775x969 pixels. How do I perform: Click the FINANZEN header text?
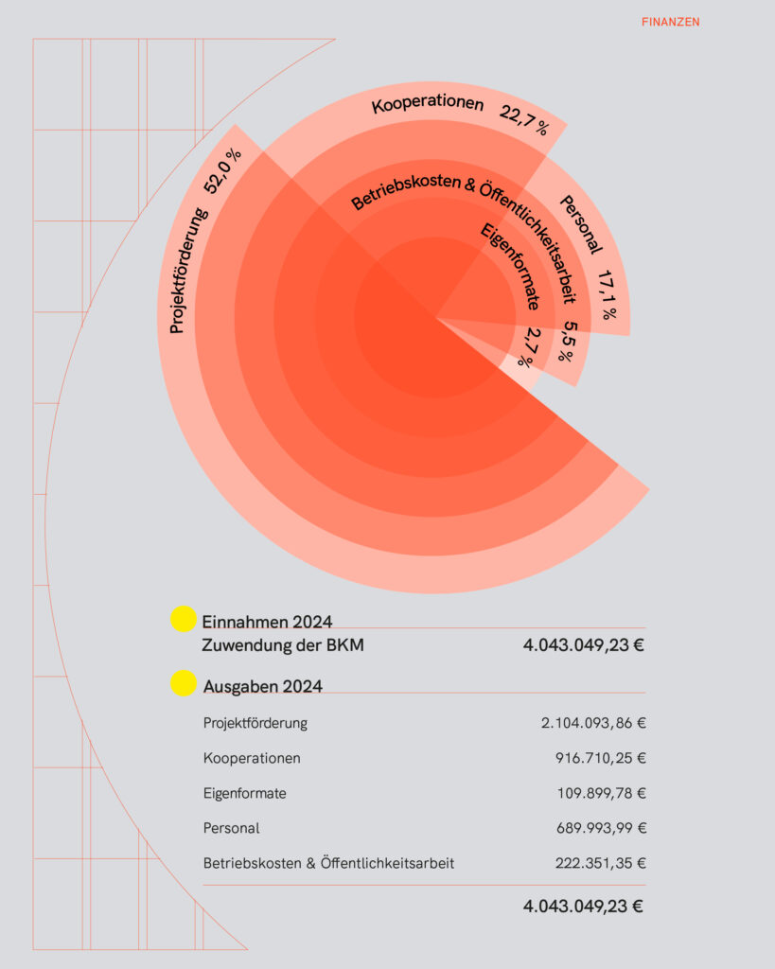[670, 22]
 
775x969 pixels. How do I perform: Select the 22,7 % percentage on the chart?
[524, 120]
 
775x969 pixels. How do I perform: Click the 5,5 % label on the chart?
[566, 342]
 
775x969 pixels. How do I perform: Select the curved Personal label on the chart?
[581, 224]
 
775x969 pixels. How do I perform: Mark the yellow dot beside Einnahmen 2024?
[183, 619]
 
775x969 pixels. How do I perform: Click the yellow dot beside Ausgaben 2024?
[183, 684]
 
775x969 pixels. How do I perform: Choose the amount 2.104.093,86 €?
[593, 723]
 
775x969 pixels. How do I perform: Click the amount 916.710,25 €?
[600, 758]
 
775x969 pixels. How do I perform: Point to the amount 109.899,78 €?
[600, 793]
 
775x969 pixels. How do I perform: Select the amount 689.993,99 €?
[600, 828]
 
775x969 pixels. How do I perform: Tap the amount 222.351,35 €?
[600, 863]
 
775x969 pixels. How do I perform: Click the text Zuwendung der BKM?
[283, 646]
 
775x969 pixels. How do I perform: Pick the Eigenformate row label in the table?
[244, 793]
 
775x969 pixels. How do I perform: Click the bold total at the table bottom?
[583, 906]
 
